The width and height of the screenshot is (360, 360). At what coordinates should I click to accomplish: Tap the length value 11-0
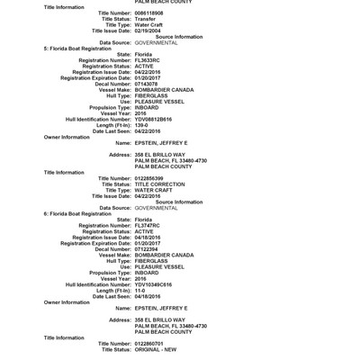140,291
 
